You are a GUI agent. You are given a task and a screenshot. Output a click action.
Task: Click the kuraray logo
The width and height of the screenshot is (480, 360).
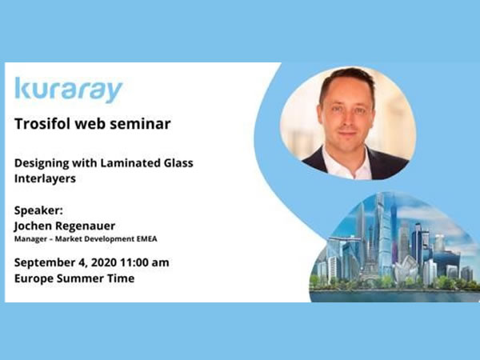pyautogui.click(x=69, y=90)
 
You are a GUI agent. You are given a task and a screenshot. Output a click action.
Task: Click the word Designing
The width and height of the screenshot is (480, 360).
pyautogui.click(x=42, y=163)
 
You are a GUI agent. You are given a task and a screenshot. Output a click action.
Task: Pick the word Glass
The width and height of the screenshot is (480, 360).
pyautogui.click(x=178, y=163)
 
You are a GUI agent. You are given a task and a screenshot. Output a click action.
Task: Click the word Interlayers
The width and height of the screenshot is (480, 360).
pyautogui.click(x=45, y=178)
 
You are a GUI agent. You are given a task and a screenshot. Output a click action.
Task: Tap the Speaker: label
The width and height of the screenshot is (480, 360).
pyautogui.click(x=38, y=210)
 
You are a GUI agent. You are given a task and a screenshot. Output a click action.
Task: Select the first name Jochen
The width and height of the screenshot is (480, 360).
pyautogui.click(x=33, y=226)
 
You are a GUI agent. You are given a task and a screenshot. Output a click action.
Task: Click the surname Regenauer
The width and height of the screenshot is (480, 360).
pyautogui.click(x=86, y=226)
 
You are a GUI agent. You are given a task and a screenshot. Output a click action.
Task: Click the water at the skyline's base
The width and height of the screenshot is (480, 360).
pyautogui.click(x=395, y=296)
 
